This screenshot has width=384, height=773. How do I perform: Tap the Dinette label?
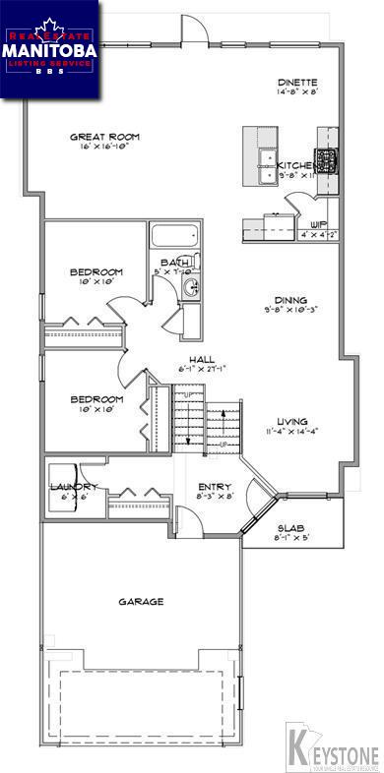point(296,83)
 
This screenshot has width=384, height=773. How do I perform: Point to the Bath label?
point(175,262)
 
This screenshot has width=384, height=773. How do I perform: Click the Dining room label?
point(292,301)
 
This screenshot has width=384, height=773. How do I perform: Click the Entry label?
point(214,486)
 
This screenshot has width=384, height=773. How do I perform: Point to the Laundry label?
point(73,487)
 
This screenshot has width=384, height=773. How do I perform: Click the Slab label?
point(288,527)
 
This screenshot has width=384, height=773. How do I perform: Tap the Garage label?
point(141,601)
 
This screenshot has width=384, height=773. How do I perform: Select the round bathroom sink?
point(192,287)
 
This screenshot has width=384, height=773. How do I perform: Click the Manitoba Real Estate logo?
point(49,49)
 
